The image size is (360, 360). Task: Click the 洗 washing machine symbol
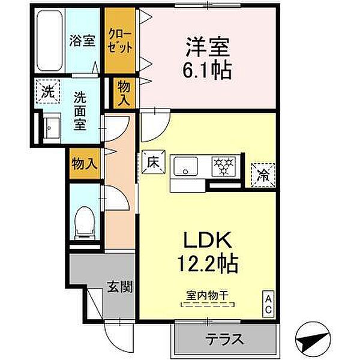point(47,93)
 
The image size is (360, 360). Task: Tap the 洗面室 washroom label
point(80,112)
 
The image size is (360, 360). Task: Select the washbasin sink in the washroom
point(50,127)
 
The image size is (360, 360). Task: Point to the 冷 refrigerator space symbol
point(263,175)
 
